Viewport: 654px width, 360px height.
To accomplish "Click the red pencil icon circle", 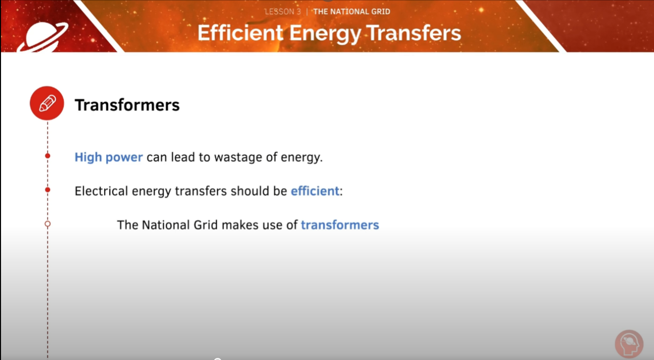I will coord(47,103).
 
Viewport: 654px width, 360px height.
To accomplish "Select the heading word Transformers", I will coord(127,105).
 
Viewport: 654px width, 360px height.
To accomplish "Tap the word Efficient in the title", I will coord(240,33).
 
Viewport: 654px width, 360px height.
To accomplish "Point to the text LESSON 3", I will coord(283,12).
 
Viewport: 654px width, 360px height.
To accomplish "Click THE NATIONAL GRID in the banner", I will coord(352,12).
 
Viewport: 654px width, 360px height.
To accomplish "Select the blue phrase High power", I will coord(108,157).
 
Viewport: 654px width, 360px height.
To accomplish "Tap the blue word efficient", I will coord(315,191).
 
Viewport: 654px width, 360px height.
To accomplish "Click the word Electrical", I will coord(101,191).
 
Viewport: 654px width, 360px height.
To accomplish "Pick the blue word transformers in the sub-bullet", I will coord(340,225).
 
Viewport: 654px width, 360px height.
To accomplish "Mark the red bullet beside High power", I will coord(48,156).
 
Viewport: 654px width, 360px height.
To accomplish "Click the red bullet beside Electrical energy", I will coord(48,189).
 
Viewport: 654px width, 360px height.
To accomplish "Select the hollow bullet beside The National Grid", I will coord(48,224).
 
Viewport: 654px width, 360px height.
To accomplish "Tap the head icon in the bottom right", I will coord(628,344).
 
